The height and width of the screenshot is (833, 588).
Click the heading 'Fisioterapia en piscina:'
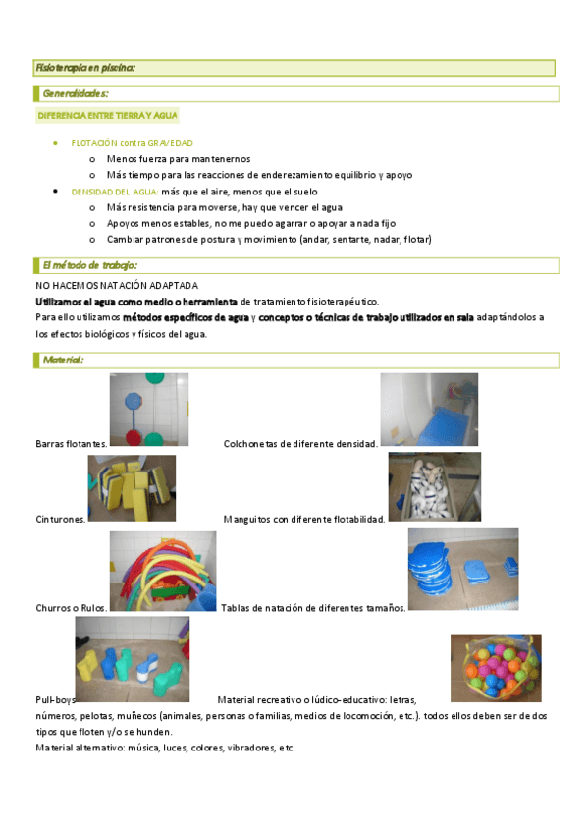pos(84,68)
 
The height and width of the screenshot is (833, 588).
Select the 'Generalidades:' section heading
pos(76,94)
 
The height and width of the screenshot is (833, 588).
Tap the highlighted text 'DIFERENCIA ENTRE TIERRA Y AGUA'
pos(107,116)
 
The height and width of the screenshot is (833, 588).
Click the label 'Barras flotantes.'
pos(72,444)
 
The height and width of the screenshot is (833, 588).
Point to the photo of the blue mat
pos(429,410)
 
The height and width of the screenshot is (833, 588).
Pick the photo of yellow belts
pos(132,487)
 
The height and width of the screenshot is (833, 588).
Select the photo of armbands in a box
pos(434,486)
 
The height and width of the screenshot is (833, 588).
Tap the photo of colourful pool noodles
pos(162,572)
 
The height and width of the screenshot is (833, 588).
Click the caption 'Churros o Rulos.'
pos(72,608)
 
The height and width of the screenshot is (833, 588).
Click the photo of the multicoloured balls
pos(496,666)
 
